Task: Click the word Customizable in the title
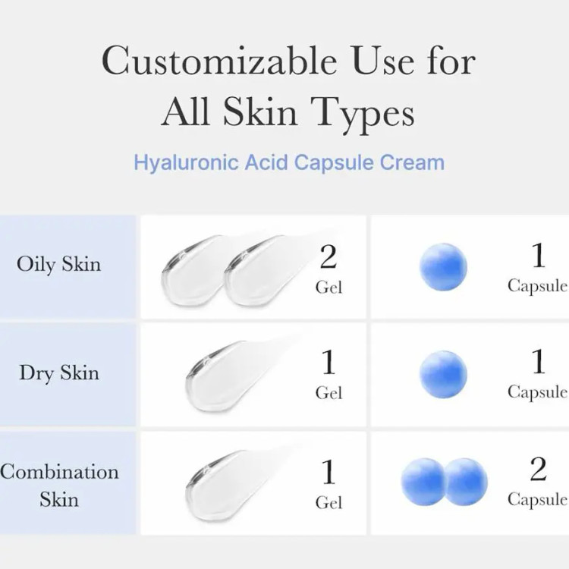218,61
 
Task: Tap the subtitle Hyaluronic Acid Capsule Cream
289,162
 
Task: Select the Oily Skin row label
58,265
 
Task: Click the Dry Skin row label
59,373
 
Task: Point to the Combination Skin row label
59,486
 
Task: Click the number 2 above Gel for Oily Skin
329,256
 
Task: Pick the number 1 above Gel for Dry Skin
329,362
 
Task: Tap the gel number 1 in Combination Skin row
329,471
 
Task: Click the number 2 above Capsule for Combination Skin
538,469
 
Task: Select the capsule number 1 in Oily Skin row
538,255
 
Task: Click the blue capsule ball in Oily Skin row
443,267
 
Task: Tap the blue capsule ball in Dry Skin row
443,374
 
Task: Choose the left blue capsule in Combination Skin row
423,482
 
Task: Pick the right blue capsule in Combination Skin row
466,482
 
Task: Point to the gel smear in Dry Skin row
225,376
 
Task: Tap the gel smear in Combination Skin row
225,486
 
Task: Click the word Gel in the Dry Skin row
329,393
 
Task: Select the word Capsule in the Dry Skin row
537,393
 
